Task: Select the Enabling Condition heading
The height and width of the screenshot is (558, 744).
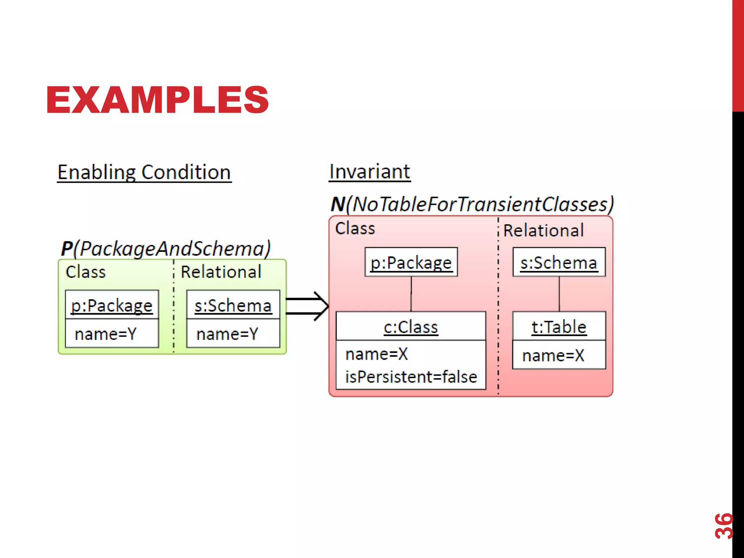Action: [144, 172]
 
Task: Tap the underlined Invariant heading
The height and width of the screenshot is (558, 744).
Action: [369, 171]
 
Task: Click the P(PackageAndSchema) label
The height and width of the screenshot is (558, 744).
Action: [166, 249]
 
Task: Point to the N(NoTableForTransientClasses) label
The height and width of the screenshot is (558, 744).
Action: [472, 204]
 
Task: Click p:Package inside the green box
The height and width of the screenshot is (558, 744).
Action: [112, 305]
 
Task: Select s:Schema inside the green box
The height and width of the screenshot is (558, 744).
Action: [233, 305]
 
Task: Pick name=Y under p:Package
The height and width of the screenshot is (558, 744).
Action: [106, 334]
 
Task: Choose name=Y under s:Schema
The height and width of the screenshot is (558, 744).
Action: [227, 334]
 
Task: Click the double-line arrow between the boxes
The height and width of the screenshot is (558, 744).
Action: [307, 306]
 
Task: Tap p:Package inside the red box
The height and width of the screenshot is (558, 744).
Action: [411, 262]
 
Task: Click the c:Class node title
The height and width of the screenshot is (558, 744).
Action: [411, 327]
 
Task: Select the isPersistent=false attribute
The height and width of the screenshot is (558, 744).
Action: [411, 377]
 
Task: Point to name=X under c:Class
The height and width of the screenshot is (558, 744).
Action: [377, 354]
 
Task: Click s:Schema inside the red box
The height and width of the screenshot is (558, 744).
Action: [559, 262]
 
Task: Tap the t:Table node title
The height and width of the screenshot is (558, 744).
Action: [559, 327]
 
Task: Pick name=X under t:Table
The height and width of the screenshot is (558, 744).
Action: [553, 355]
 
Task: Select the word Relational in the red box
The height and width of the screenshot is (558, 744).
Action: [543, 230]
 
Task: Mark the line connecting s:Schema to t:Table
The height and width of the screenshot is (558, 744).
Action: [559, 294]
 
